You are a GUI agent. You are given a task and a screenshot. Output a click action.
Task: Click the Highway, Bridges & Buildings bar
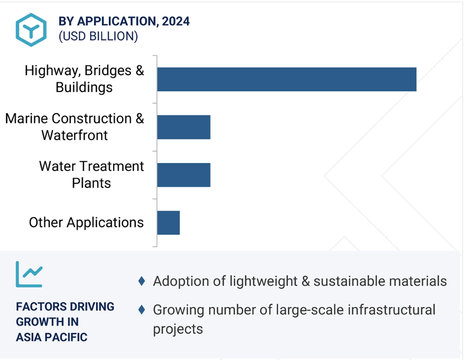(287, 79)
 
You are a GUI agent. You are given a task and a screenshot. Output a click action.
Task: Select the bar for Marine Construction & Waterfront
(184, 127)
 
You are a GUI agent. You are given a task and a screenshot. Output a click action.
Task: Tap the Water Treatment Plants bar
(184, 175)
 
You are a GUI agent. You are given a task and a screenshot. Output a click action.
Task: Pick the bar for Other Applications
(168, 223)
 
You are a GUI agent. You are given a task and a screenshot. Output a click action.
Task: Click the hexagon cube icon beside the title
(31, 30)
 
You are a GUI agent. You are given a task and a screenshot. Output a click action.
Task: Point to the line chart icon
(29, 274)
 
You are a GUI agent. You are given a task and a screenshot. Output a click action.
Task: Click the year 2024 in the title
(176, 22)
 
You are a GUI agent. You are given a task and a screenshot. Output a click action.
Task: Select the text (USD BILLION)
(98, 36)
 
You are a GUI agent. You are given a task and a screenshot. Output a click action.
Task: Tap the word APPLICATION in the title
(116, 22)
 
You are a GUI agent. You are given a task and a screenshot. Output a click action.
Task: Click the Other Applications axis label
(86, 223)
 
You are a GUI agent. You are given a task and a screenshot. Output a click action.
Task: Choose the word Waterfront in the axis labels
(75, 135)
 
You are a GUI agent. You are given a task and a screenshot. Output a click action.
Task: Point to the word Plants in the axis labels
(91, 183)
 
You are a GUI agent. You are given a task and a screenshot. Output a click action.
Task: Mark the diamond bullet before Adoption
(142, 281)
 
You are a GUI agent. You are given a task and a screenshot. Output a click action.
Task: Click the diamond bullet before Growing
(142, 310)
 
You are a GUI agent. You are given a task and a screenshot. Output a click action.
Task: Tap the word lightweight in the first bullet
(263, 281)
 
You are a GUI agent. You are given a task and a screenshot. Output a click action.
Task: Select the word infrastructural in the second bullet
(391, 310)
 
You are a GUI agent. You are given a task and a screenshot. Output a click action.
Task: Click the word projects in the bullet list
(178, 329)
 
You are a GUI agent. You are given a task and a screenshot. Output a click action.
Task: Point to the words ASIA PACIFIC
(52, 337)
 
